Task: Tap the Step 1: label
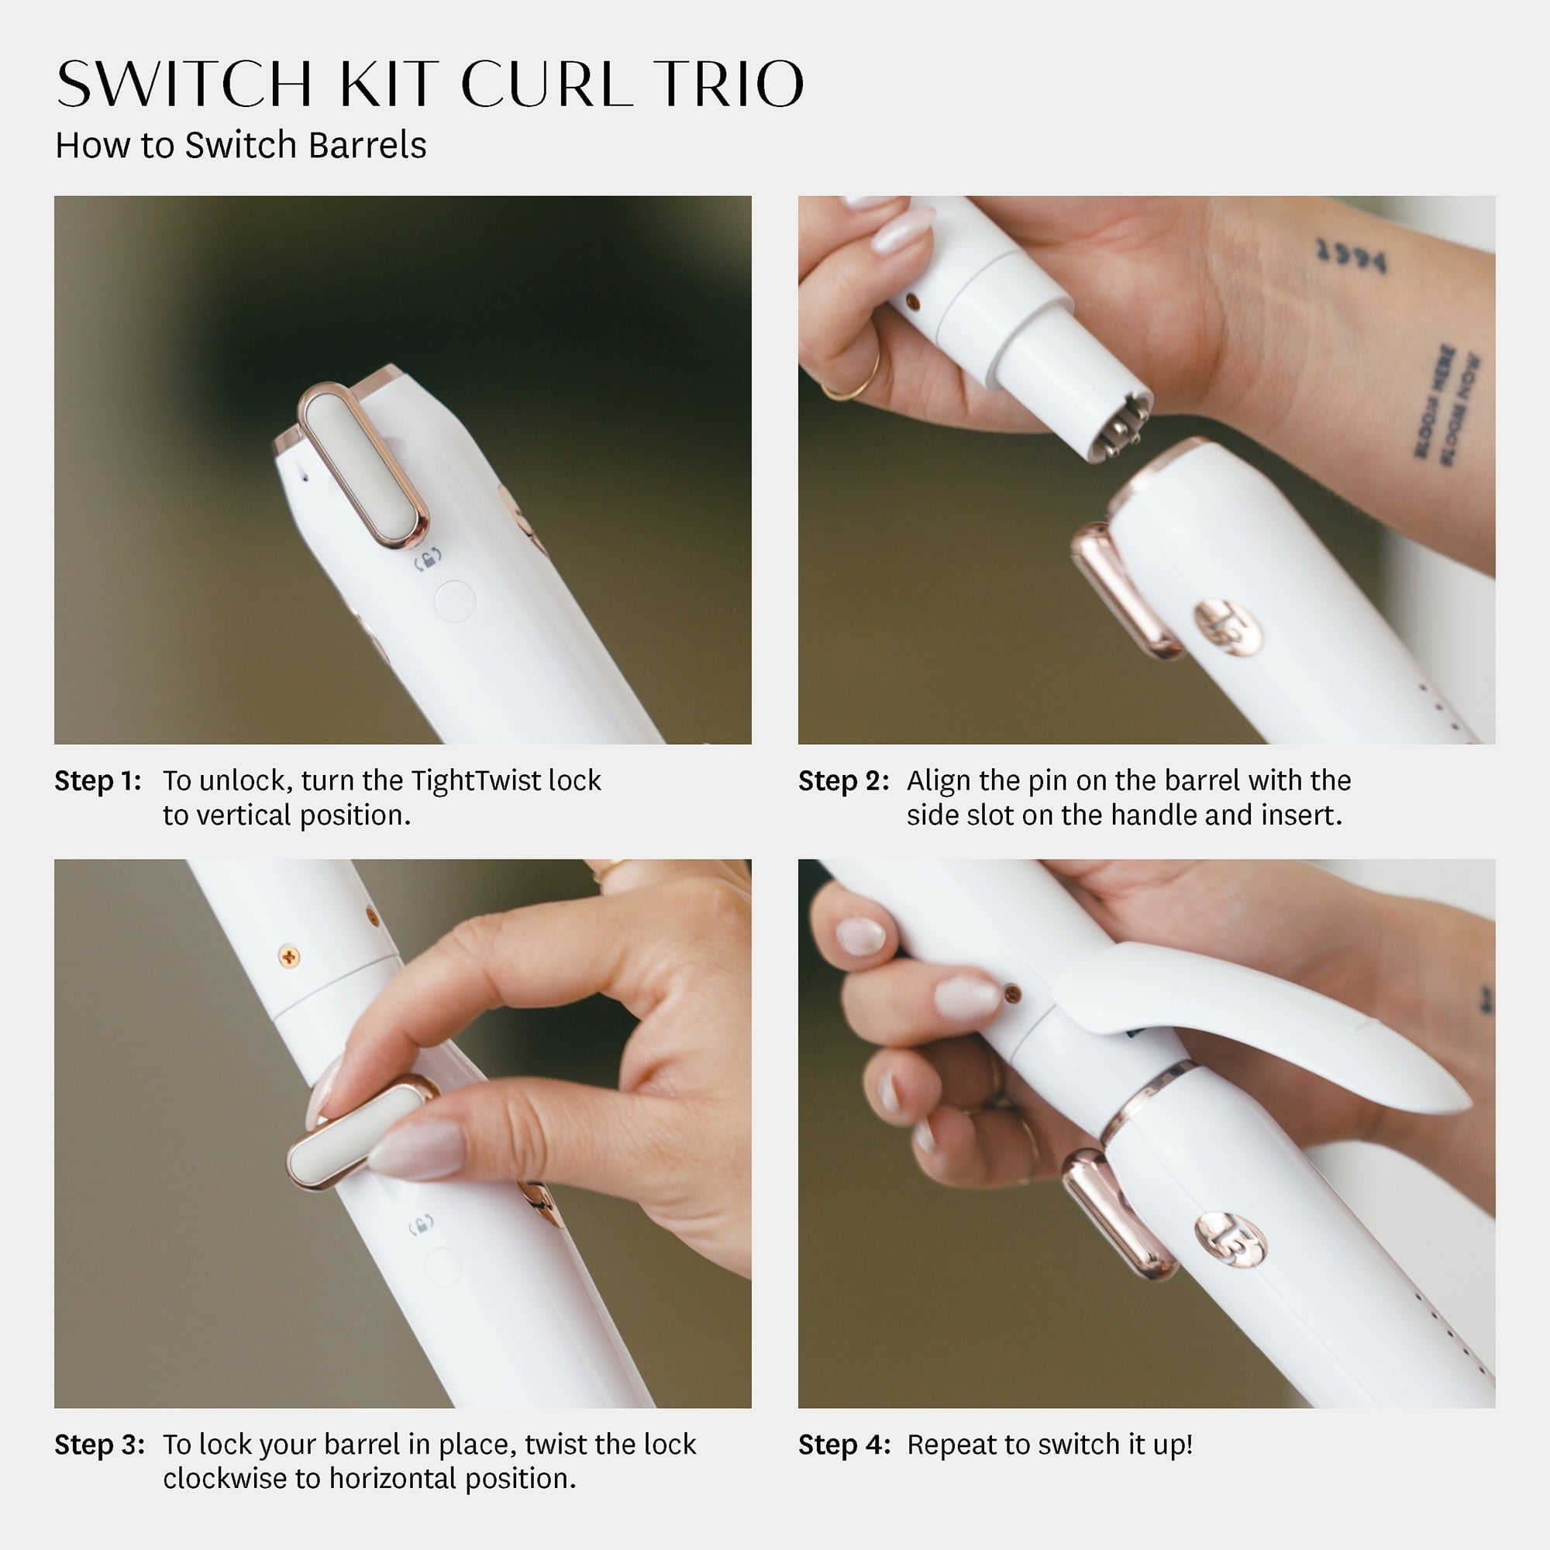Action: coord(97,780)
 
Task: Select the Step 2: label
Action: coord(843,780)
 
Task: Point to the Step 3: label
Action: coord(99,1445)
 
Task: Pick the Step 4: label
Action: coord(844,1445)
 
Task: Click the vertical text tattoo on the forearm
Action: coord(1446,405)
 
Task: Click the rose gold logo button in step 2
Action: coord(1227,626)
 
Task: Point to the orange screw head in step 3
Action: coord(289,956)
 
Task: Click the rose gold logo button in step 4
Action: coord(1230,1240)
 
